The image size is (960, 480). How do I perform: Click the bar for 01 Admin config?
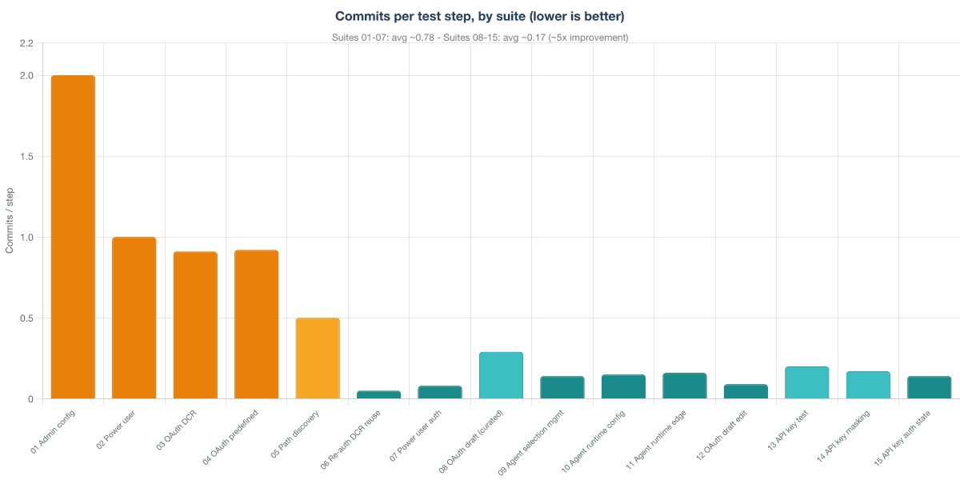point(73,237)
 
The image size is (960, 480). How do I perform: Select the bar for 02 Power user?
point(134,318)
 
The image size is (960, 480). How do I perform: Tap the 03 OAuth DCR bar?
point(195,326)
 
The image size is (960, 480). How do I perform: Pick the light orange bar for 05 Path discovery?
point(318,358)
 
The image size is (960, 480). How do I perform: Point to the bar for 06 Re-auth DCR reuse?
point(379,394)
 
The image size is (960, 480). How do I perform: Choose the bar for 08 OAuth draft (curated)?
point(501,375)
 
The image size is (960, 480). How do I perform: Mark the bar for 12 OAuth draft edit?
point(746,392)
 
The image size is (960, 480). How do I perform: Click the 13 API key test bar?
point(807,382)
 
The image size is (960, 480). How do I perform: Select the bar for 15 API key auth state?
point(929,387)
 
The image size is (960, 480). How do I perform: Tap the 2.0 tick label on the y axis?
point(26,76)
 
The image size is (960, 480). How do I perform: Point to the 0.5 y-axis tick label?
point(26,318)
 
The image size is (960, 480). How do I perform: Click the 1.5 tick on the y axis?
point(26,157)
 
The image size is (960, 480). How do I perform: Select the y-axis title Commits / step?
point(10,221)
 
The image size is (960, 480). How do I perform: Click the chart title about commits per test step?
point(479,16)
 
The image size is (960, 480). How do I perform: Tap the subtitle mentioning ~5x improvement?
point(480,38)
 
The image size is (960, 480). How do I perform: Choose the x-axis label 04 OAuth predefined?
point(230,437)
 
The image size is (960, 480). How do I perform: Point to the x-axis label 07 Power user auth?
point(415,435)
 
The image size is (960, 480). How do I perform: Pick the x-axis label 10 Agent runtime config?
point(593,442)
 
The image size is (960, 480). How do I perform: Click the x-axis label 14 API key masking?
point(843,436)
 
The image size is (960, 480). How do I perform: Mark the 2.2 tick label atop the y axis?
point(26,43)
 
